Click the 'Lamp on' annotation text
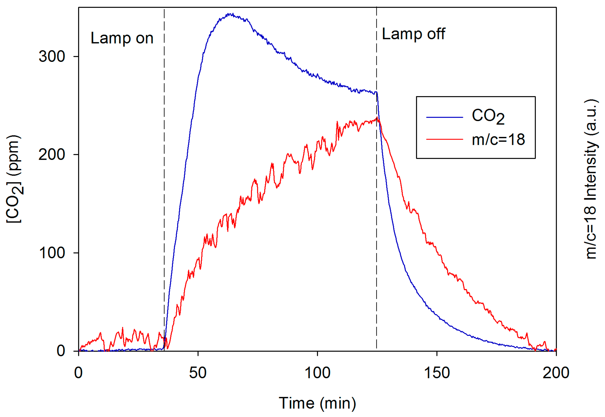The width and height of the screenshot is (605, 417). pyautogui.click(x=122, y=38)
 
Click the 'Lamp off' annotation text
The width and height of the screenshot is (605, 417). pyautogui.click(x=413, y=34)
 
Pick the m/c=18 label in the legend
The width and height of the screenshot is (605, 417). pyautogui.click(x=498, y=139)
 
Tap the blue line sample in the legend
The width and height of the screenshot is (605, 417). pyautogui.click(x=444, y=117)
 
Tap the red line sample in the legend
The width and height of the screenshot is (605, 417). pyautogui.click(x=444, y=139)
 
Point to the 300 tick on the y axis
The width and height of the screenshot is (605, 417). pyautogui.click(x=52, y=56)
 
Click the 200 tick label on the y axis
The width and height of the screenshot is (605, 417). pyautogui.click(x=52, y=154)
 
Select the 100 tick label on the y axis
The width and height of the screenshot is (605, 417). pyautogui.click(x=52, y=253)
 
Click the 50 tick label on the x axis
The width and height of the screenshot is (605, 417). pyautogui.click(x=198, y=373)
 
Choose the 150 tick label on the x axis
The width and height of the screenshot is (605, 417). pyautogui.click(x=436, y=373)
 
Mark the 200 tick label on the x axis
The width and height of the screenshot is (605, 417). pyautogui.click(x=556, y=373)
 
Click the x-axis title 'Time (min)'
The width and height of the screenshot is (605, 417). pyautogui.click(x=317, y=403)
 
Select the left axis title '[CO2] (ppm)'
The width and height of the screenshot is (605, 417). pyautogui.click(x=14, y=179)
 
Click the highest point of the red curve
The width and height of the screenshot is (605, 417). pyautogui.click(x=377, y=118)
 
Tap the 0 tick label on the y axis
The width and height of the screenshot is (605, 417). pyautogui.click(x=61, y=351)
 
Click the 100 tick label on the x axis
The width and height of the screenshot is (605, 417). pyautogui.click(x=317, y=373)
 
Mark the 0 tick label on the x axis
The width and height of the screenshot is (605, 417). pyautogui.click(x=78, y=373)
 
